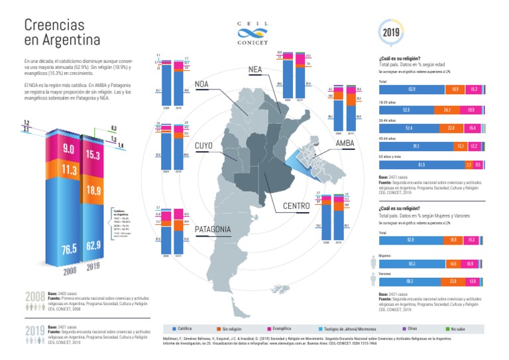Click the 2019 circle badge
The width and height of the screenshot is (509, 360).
(389, 31)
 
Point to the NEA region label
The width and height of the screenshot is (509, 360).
(255, 70)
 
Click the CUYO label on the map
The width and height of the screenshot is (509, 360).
(204, 146)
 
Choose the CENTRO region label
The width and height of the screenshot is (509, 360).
(296, 206)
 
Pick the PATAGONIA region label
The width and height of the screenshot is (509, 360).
(213, 229)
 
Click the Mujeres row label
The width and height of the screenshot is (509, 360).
(384, 254)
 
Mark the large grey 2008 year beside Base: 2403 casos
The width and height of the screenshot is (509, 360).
(34, 296)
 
